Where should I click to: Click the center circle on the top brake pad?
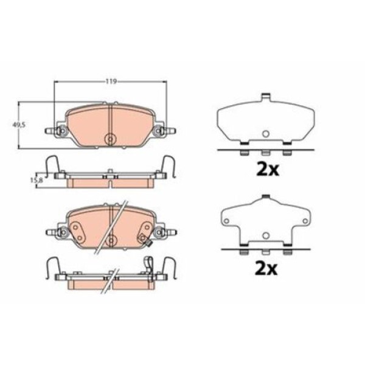tap(109, 139)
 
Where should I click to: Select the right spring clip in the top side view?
tap(168, 164)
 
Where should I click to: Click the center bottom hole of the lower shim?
tap(265, 235)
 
